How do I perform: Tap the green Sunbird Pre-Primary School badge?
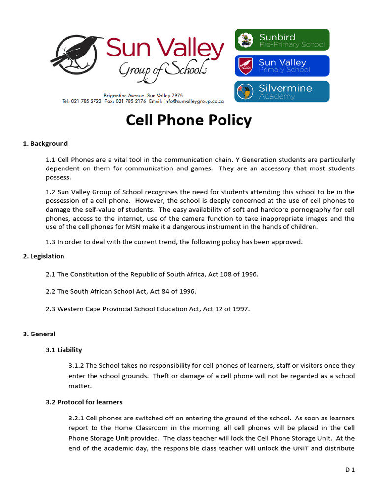pyautogui.click(x=282, y=40)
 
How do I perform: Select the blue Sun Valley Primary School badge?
pyautogui.click(x=282, y=66)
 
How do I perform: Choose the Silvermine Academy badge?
pyautogui.click(x=282, y=92)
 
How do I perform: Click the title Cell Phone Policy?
pyautogui.click(x=189, y=120)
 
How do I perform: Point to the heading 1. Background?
pyautogui.click(x=45, y=144)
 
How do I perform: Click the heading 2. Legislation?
pyautogui.click(x=43, y=256)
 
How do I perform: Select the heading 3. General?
pyautogui.click(x=39, y=334)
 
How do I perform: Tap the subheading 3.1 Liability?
pyautogui.click(x=64, y=350)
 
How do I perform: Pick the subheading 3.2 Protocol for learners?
pyautogui.click(x=84, y=402)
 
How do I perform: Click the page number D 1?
pyautogui.click(x=350, y=470)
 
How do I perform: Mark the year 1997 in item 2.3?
pyautogui.click(x=240, y=309)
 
